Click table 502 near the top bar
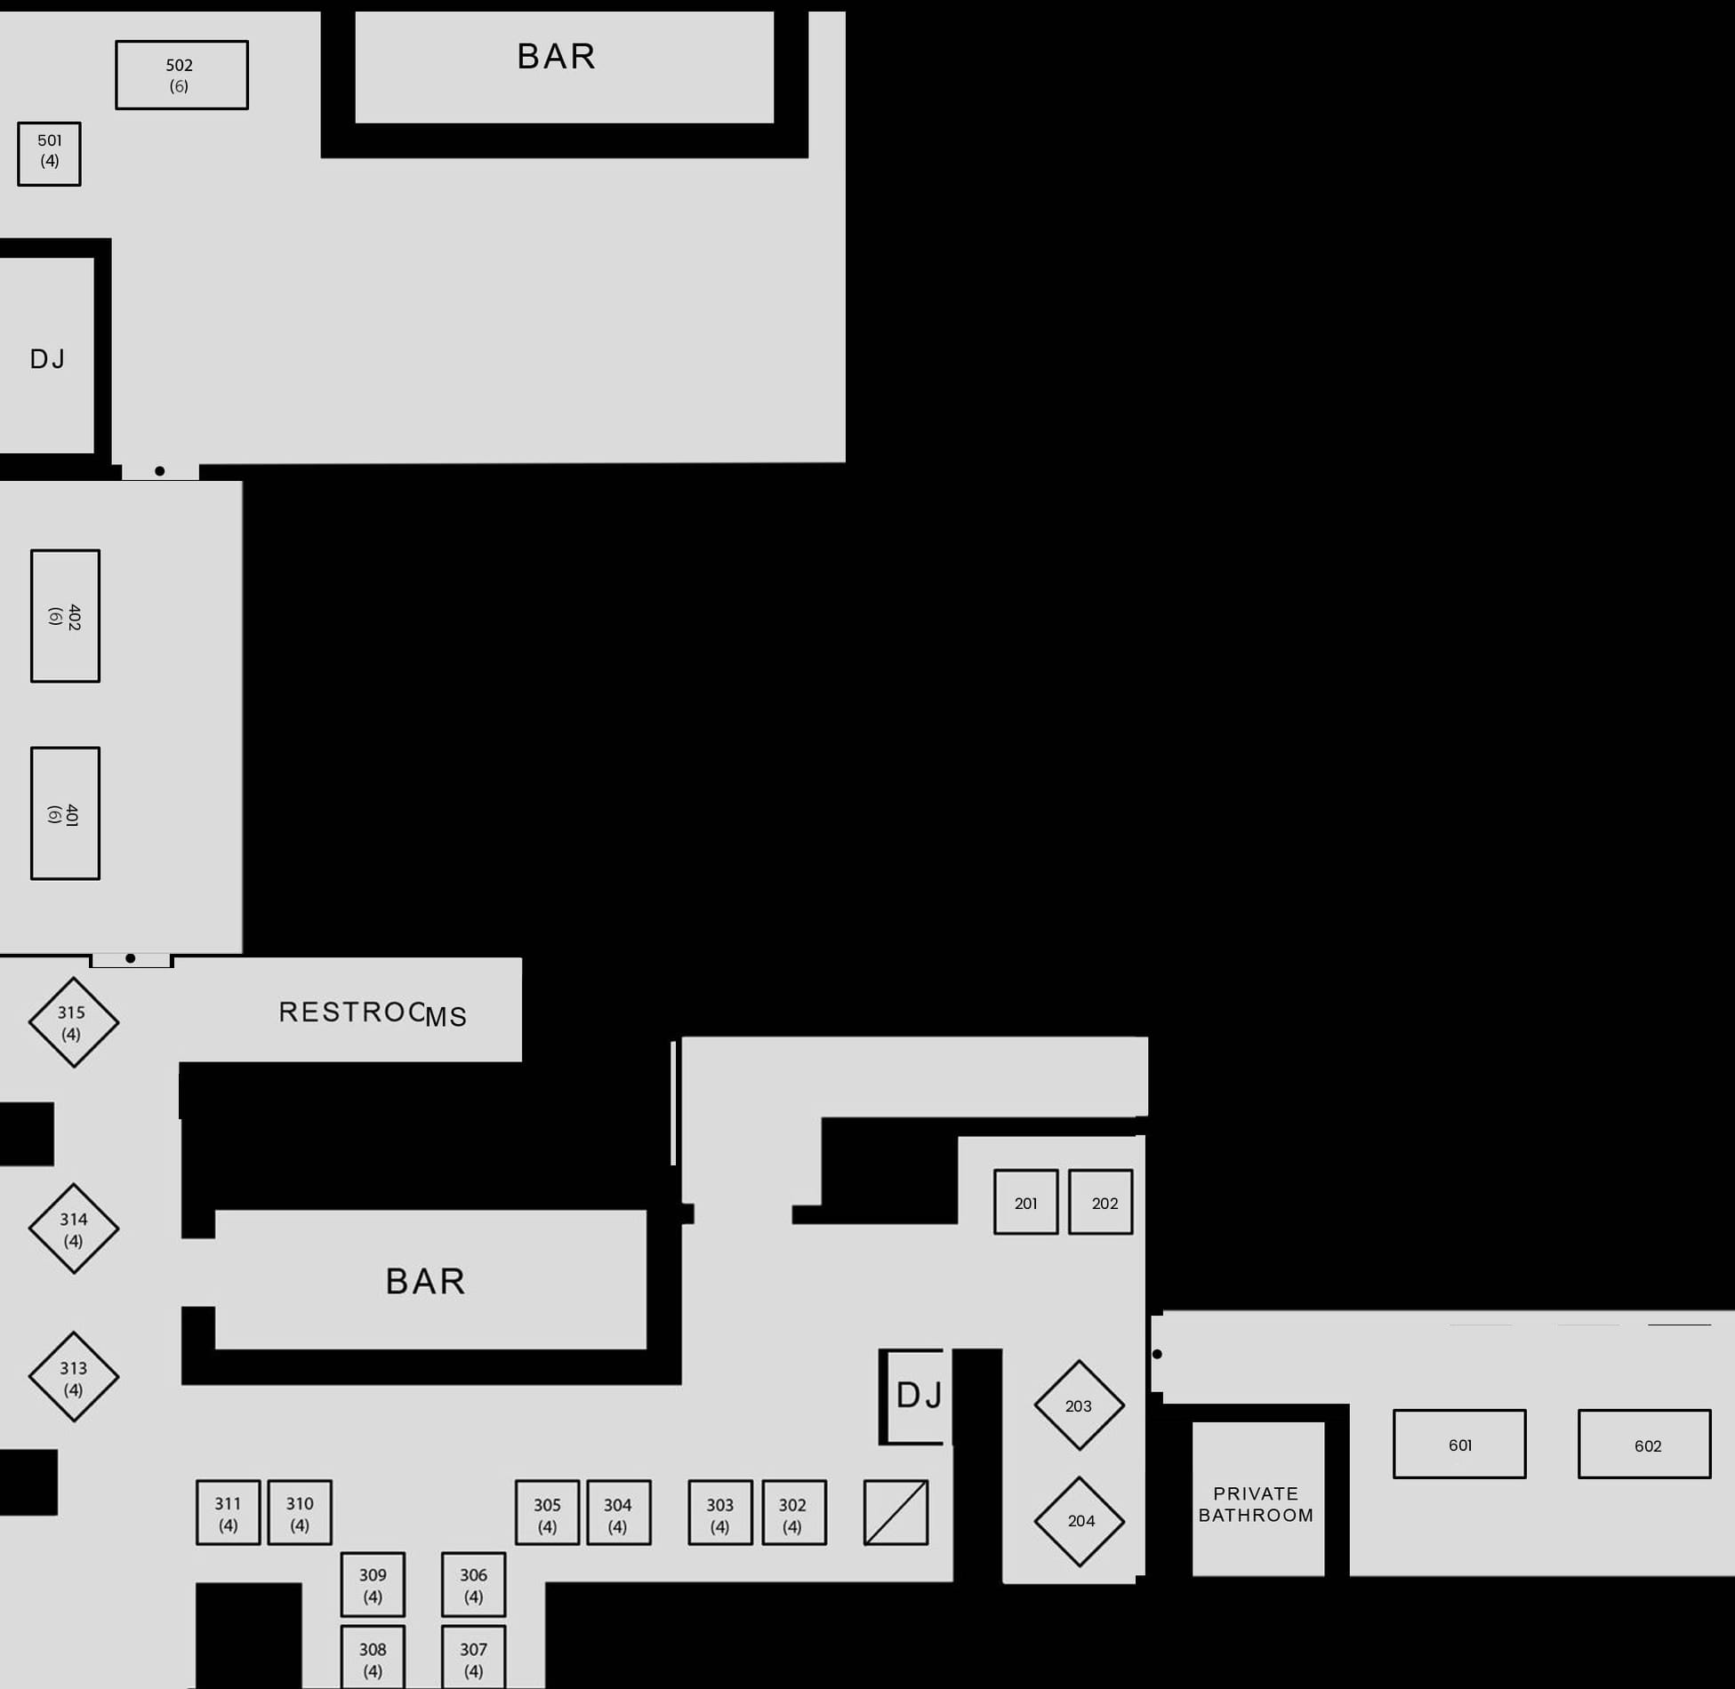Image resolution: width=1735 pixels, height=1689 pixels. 181,75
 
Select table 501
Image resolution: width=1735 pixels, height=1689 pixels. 49,154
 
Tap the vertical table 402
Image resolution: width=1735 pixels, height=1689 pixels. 65,616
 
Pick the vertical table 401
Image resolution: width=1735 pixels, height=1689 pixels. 65,813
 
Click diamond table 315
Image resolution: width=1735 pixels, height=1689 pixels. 73,1022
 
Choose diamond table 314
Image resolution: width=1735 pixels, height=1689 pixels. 73,1229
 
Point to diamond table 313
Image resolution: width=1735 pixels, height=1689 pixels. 73,1377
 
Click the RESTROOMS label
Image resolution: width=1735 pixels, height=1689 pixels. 373,1013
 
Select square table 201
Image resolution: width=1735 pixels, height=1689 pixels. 1026,1202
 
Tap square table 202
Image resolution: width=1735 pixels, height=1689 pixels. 1101,1202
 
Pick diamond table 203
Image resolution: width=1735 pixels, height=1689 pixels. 1080,1405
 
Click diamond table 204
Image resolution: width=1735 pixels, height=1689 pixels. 1080,1522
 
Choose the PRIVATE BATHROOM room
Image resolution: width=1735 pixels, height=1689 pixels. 1258,1499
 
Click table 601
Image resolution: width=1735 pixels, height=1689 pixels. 1459,1444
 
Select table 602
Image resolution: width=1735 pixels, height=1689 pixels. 1644,1444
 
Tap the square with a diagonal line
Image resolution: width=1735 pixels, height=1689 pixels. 896,1512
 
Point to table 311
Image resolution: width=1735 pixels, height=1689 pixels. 229,1512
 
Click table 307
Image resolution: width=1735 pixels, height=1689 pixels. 474,1657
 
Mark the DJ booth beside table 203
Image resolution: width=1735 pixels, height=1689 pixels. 916,1397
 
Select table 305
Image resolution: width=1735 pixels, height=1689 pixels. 548,1512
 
